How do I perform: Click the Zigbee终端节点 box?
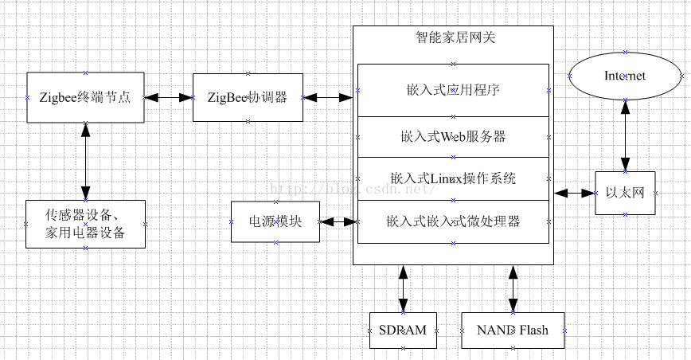point(85,97)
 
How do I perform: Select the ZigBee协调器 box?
point(247,97)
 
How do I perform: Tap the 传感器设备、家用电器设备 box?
point(85,224)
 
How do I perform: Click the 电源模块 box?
point(275,222)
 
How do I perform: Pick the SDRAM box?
point(404,330)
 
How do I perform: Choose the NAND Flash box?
point(513,330)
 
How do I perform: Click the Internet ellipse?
point(625,76)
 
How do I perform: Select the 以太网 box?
point(625,193)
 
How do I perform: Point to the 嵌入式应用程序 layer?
point(453,90)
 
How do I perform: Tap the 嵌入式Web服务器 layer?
point(453,136)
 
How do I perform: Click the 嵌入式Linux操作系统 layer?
point(453,178)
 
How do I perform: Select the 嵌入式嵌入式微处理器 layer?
point(453,221)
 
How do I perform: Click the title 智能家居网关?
point(453,37)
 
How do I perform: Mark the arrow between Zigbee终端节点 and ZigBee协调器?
point(169,97)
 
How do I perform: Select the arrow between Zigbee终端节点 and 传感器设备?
point(85,162)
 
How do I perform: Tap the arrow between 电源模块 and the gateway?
point(337,222)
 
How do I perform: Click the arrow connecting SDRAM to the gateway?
point(404,288)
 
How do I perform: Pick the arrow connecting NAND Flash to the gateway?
point(513,288)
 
